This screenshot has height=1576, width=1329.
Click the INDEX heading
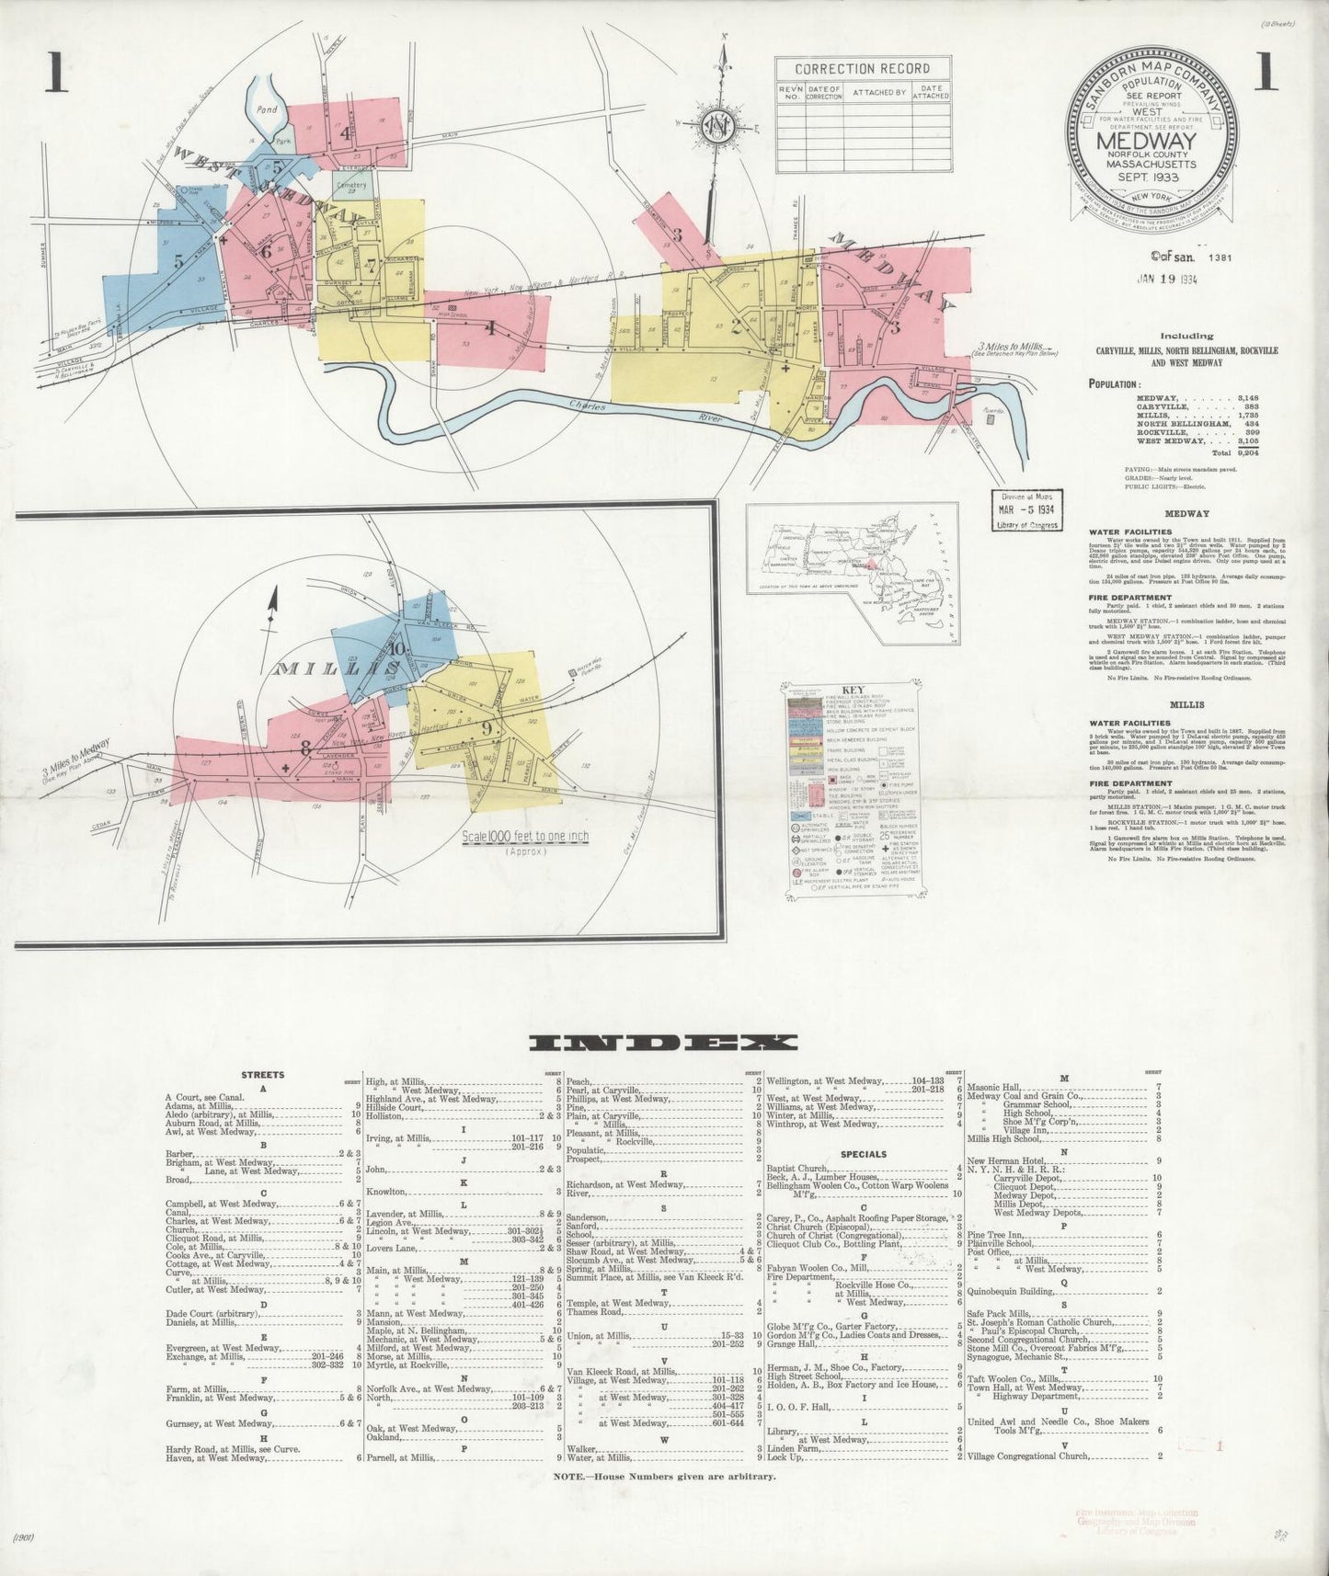pos(663,1042)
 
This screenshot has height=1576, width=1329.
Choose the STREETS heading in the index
pos(263,1074)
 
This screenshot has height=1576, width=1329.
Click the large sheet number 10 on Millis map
pos(395,646)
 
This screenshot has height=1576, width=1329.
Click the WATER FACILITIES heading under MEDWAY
pos(1117,531)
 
